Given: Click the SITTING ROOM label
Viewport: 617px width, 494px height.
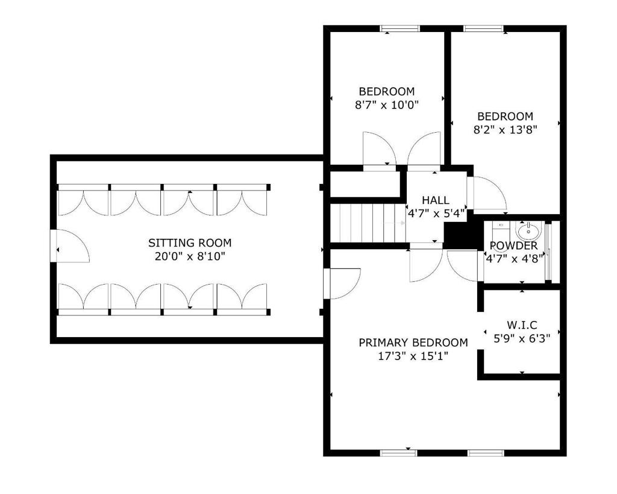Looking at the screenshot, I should click(x=190, y=243).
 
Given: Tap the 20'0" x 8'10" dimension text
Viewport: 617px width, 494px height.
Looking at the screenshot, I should click(x=190, y=256).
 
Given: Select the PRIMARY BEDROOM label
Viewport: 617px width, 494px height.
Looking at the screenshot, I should click(x=413, y=343).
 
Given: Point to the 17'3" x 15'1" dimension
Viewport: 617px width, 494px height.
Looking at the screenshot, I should click(x=413, y=355).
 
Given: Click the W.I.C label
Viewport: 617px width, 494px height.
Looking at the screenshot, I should click(x=522, y=325).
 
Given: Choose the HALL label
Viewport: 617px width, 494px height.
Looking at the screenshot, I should click(x=435, y=200).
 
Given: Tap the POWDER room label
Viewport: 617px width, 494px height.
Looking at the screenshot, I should click(x=513, y=246).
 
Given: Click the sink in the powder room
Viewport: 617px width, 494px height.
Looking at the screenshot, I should click(x=528, y=230).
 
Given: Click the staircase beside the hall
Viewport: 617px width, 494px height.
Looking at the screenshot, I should click(x=368, y=223).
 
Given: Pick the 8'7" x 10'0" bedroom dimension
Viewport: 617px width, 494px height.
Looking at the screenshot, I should click(x=387, y=104).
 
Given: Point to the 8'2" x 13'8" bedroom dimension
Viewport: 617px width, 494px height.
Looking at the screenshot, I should click(x=505, y=129).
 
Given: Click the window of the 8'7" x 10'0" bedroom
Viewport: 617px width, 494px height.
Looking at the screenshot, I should click(x=401, y=28).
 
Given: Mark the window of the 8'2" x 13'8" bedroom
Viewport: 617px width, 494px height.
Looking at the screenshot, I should click(x=483, y=28).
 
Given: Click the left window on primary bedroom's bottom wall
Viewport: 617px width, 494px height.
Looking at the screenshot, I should click(x=400, y=452).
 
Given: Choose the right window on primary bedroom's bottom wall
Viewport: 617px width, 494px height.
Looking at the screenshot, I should click(x=486, y=452).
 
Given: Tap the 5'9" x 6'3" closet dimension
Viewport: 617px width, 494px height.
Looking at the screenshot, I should click(x=522, y=338).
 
